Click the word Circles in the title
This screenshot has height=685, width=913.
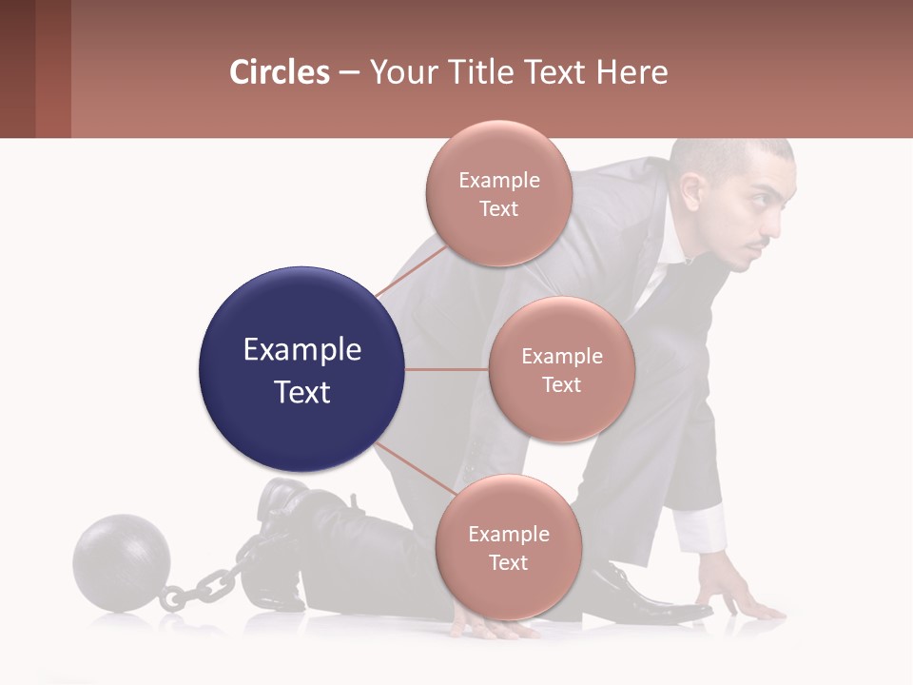[x=280, y=72]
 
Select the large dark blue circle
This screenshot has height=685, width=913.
[x=301, y=369]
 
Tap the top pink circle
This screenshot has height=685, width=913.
[x=498, y=193]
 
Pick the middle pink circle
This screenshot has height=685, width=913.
[x=561, y=369]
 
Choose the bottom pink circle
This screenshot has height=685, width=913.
[x=508, y=547]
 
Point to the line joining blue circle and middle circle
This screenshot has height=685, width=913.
[x=447, y=369]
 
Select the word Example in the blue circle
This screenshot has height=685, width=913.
[x=301, y=350]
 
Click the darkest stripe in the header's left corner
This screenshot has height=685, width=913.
[x=17, y=68]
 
